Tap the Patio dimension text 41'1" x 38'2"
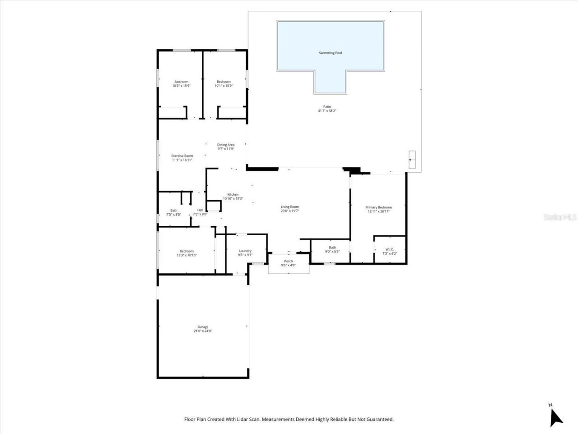point(327,111)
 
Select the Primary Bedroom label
point(378,207)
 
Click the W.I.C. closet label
point(389,249)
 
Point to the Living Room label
point(289,207)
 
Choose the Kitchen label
point(233,194)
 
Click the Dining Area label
point(226,145)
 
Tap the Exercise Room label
point(182,156)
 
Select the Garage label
point(203,327)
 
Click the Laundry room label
point(245,250)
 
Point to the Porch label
point(288,261)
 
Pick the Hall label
point(200,210)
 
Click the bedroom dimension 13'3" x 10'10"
point(186,255)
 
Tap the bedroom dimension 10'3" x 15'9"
point(181,86)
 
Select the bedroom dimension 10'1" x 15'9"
point(224,86)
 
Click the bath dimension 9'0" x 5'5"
point(332,252)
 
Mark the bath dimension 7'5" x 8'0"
point(174,214)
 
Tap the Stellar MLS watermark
point(560,217)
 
